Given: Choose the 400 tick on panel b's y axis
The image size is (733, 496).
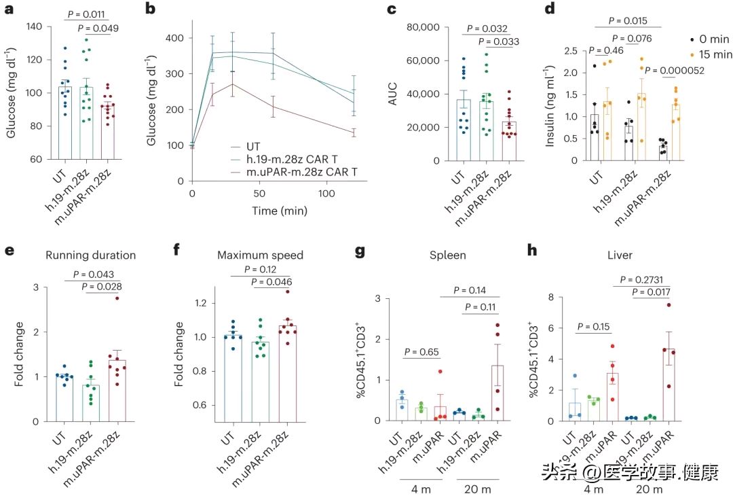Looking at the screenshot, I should point(174,37).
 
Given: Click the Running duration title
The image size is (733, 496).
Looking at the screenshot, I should point(91,255).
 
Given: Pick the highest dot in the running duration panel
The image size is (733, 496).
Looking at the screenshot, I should point(117,298).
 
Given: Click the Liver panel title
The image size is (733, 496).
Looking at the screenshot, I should point(620,255).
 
